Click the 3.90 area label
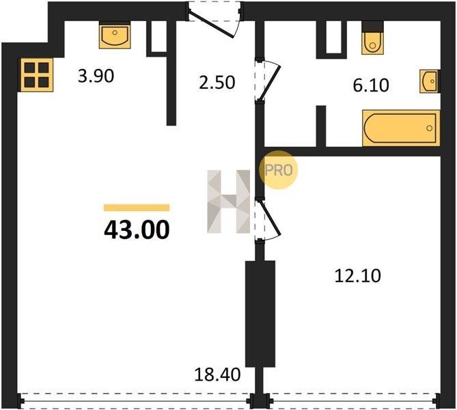click(x=96, y=76)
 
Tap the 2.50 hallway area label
click(x=217, y=83)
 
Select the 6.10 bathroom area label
click(x=371, y=85)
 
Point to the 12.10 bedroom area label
click(x=358, y=276)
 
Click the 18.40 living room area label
click(x=217, y=374)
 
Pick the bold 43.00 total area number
click(x=137, y=230)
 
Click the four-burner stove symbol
click(x=37, y=75)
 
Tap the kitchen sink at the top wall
click(x=115, y=36)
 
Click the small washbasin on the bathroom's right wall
click(x=430, y=81)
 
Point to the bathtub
click(x=401, y=128)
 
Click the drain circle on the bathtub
click(x=429, y=128)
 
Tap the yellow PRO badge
click(x=278, y=170)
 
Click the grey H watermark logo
click(x=228, y=202)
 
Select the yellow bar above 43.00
click(x=137, y=208)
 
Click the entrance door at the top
click(x=214, y=19)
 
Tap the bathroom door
click(x=268, y=81)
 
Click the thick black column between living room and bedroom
click(x=260, y=314)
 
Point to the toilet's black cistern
click(x=372, y=27)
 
